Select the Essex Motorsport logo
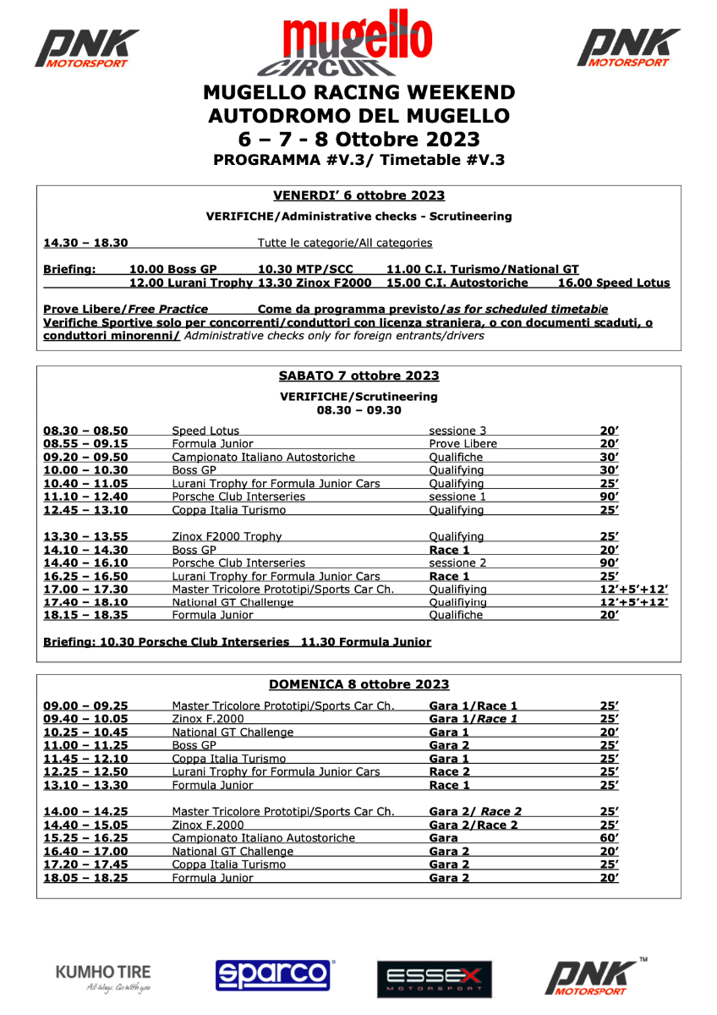(x=434, y=979)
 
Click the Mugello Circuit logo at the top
(x=358, y=44)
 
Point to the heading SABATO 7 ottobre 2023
(x=358, y=376)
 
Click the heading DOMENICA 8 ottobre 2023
(x=358, y=684)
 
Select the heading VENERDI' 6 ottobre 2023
(x=358, y=195)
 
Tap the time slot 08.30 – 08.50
(x=85, y=431)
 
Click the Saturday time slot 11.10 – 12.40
(x=85, y=497)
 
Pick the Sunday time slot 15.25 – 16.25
(x=85, y=838)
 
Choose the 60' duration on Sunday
(x=609, y=838)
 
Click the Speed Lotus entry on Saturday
(x=205, y=431)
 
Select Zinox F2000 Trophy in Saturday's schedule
(x=227, y=536)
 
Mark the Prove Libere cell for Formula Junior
(x=462, y=444)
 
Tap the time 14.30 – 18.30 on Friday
(x=85, y=244)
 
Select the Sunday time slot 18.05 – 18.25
(x=85, y=878)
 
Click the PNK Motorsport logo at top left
(x=86, y=48)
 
